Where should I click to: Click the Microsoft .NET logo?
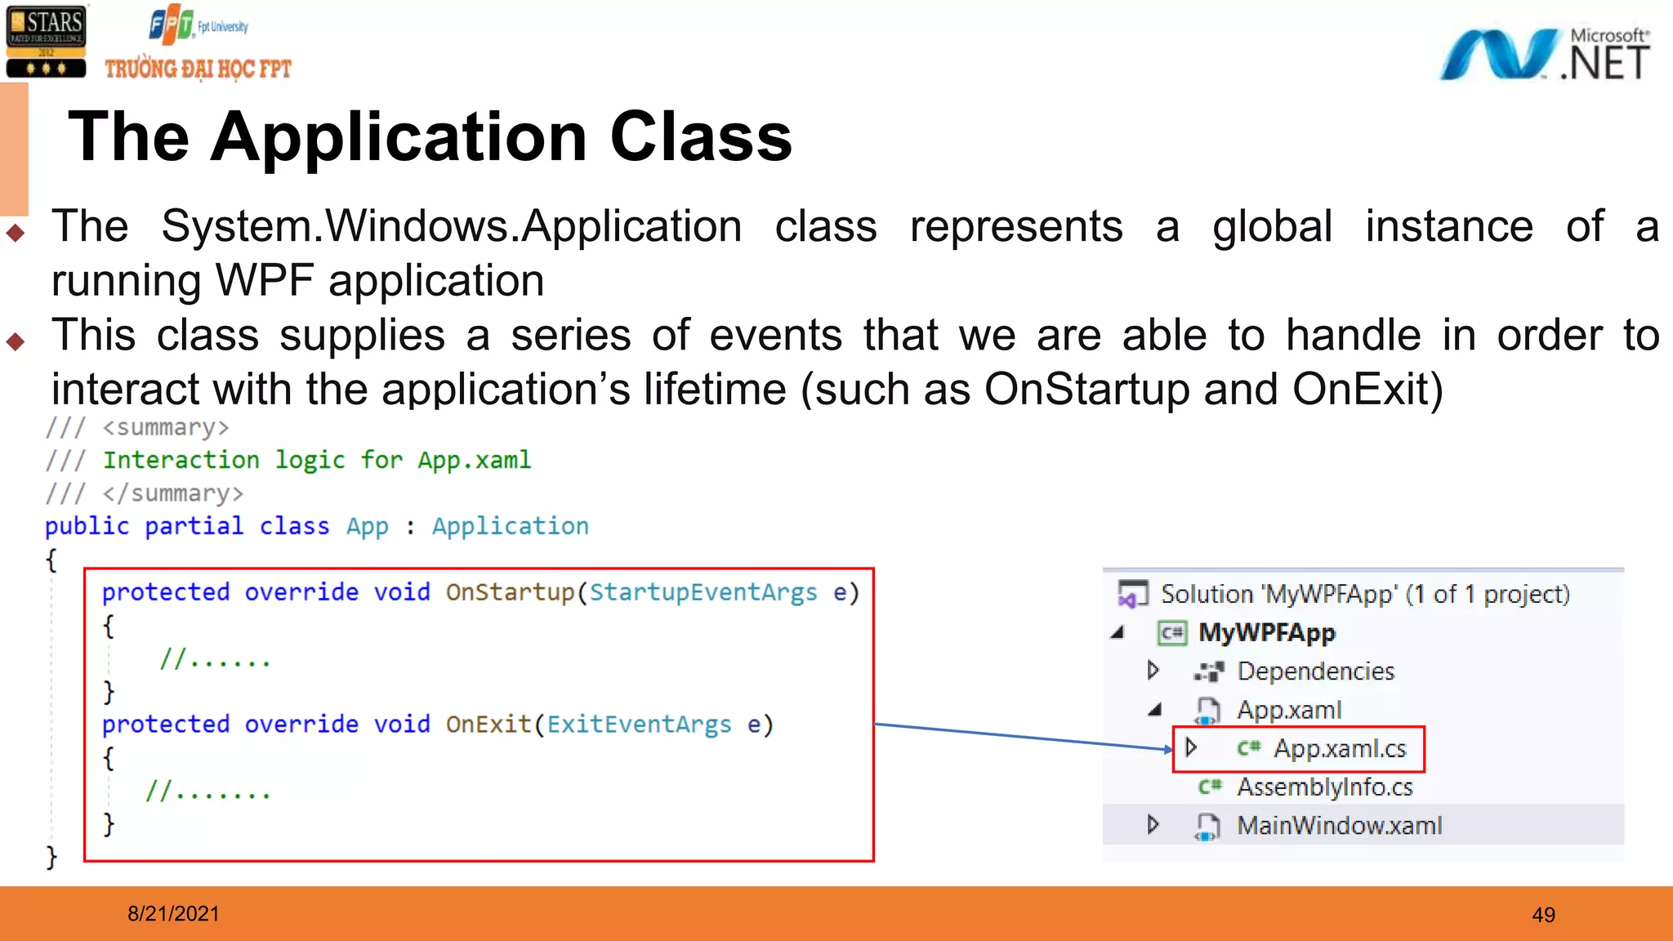click(1544, 54)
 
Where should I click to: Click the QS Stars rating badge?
click(46, 41)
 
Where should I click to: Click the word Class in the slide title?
click(701, 136)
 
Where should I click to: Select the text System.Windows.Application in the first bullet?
click(451, 226)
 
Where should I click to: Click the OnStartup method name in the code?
click(511, 592)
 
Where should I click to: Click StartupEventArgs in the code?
click(703, 592)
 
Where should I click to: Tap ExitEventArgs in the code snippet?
click(639, 725)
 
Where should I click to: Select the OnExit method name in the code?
click(489, 725)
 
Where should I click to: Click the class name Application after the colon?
click(511, 526)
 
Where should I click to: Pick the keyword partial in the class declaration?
click(194, 526)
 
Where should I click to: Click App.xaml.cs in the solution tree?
click(1340, 748)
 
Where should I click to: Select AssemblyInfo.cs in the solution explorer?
click(1324, 787)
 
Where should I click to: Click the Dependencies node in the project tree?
click(1315, 671)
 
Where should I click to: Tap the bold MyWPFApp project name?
click(1267, 633)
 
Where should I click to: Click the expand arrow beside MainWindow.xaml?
click(1153, 825)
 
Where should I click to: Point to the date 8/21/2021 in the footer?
click(173, 913)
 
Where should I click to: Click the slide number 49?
click(1543, 915)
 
